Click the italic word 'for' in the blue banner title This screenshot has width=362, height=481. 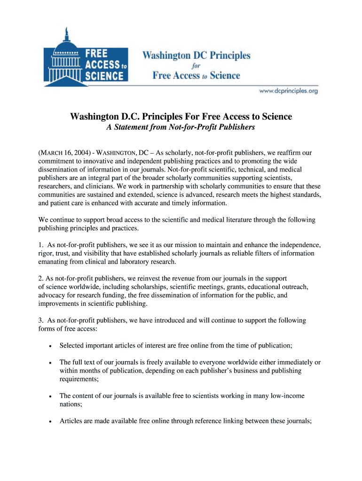[196, 66]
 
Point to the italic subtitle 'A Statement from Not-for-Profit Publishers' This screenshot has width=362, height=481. [181, 127]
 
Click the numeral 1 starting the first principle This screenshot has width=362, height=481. [40, 245]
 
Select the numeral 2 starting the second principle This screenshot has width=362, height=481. [40, 279]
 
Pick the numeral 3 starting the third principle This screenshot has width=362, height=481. [40, 320]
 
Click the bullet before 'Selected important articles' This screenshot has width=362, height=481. [50, 346]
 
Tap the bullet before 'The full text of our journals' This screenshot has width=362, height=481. [50, 363]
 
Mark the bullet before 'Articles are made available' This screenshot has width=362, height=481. [50, 421]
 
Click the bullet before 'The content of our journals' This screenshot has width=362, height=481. [50, 396]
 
